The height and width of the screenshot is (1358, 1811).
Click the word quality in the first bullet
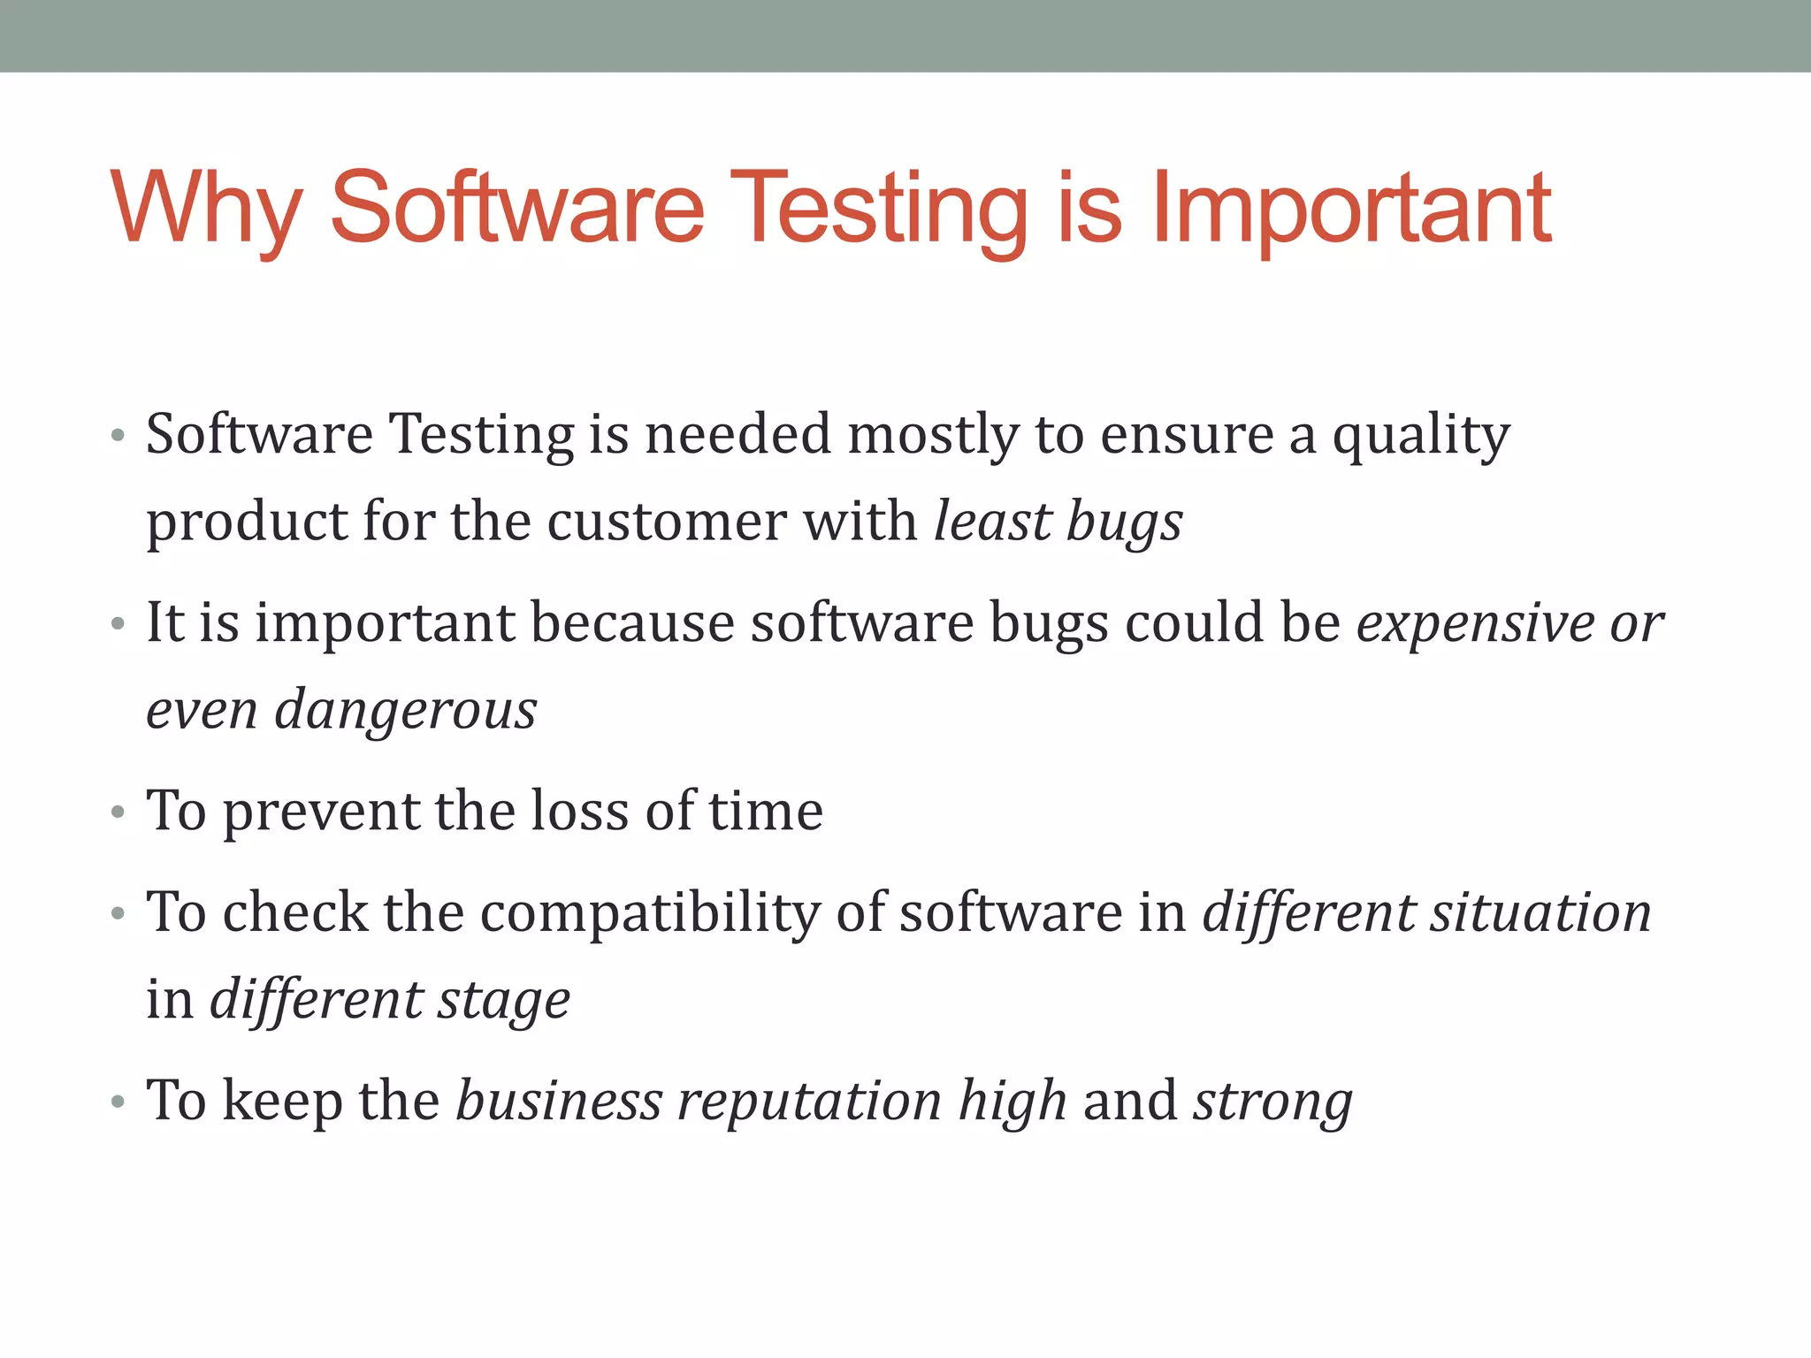pyautogui.click(x=1421, y=436)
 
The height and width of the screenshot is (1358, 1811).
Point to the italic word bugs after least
pyautogui.click(x=1124, y=522)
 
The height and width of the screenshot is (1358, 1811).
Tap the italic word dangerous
pyautogui.click(x=406, y=711)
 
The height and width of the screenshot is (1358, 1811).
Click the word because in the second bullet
pyautogui.click(x=632, y=623)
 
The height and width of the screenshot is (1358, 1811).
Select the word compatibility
pyautogui.click(x=650, y=913)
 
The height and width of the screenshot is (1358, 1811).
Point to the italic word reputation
pyautogui.click(x=809, y=1102)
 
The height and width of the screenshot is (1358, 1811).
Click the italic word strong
pyautogui.click(x=1272, y=1102)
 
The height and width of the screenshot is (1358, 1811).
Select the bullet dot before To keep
pyautogui.click(x=118, y=1103)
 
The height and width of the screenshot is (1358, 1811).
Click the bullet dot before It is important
pyautogui.click(x=118, y=625)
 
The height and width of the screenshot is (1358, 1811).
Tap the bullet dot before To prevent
pyautogui.click(x=118, y=813)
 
